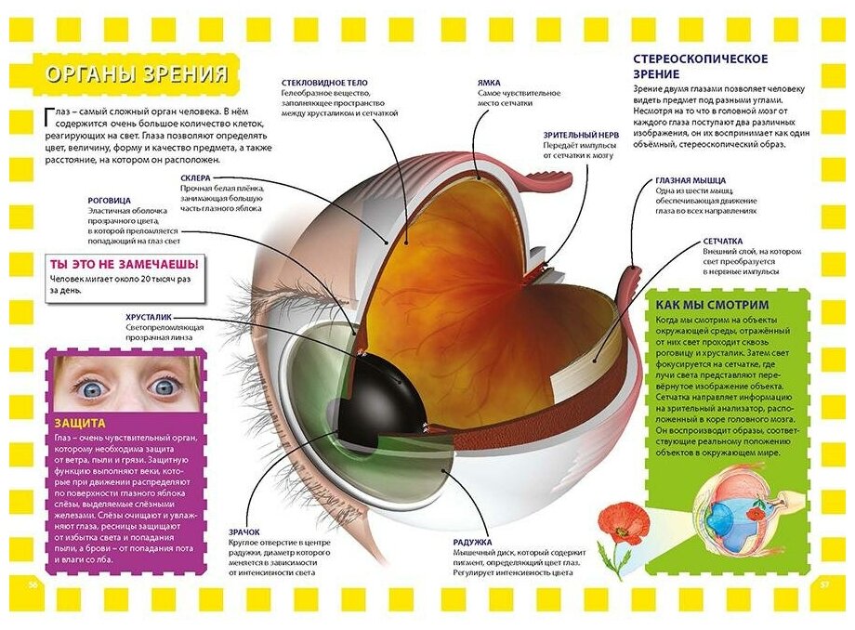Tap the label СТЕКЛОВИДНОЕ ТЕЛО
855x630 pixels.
[x=325, y=83]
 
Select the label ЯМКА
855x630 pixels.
[x=490, y=83]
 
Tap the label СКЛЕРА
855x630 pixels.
[x=198, y=177]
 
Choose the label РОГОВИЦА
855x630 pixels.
[x=108, y=199]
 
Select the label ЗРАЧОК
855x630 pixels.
[x=244, y=532]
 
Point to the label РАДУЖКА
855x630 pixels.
[x=471, y=540]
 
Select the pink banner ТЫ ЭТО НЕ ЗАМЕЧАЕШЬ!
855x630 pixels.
[x=124, y=264]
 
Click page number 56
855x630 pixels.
[x=31, y=584]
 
